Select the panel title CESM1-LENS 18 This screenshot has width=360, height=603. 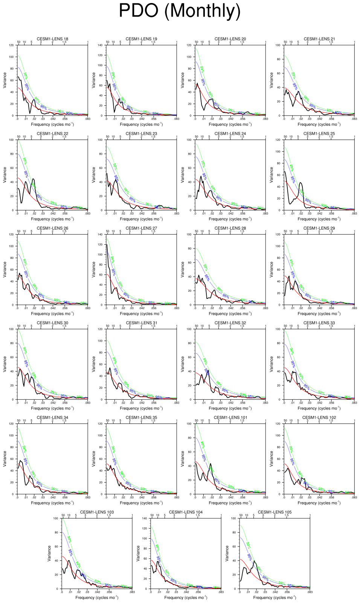[x=52, y=39]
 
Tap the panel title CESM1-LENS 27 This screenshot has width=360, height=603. [x=141, y=228]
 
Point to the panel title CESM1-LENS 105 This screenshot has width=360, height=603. [x=275, y=512]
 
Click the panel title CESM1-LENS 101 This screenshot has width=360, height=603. [x=230, y=417]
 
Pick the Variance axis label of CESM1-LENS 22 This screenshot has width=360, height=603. [x=5, y=175]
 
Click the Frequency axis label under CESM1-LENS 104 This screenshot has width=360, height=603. [x=186, y=597]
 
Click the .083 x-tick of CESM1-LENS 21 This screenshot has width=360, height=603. [x=354, y=119]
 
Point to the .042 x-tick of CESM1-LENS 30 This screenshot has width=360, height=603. [x=53, y=403]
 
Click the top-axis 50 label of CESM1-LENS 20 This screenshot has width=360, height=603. [x=196, y=42]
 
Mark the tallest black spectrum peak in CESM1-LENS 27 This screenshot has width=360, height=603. [x=107, y=245]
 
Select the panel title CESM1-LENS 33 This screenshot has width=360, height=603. [x=319, y=323]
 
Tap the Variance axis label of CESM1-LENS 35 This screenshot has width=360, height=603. [x=93, y=459]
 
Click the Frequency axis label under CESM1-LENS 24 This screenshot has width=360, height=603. [x=230, y=219]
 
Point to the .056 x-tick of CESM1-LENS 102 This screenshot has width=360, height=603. [x=331, y=498]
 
